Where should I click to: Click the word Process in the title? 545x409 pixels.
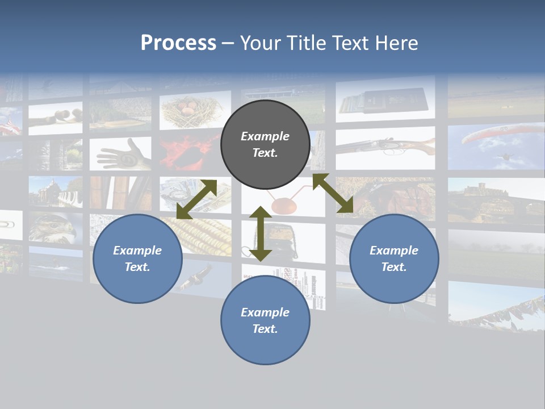[x=178, y=43]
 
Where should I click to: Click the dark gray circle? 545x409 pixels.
[x=265, y=144]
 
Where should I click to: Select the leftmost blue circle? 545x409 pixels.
[x=137, y=258]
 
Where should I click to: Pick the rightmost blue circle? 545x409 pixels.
[x=394, y=258]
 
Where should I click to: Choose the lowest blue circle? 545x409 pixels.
[x=265, y=320]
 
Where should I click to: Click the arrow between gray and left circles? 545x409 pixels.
[x=196, y=199]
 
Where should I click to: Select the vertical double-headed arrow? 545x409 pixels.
[x=261, y=233]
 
